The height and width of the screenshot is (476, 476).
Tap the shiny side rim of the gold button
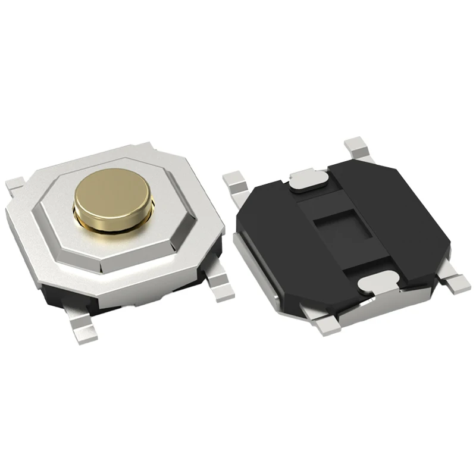pos(113,215)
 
